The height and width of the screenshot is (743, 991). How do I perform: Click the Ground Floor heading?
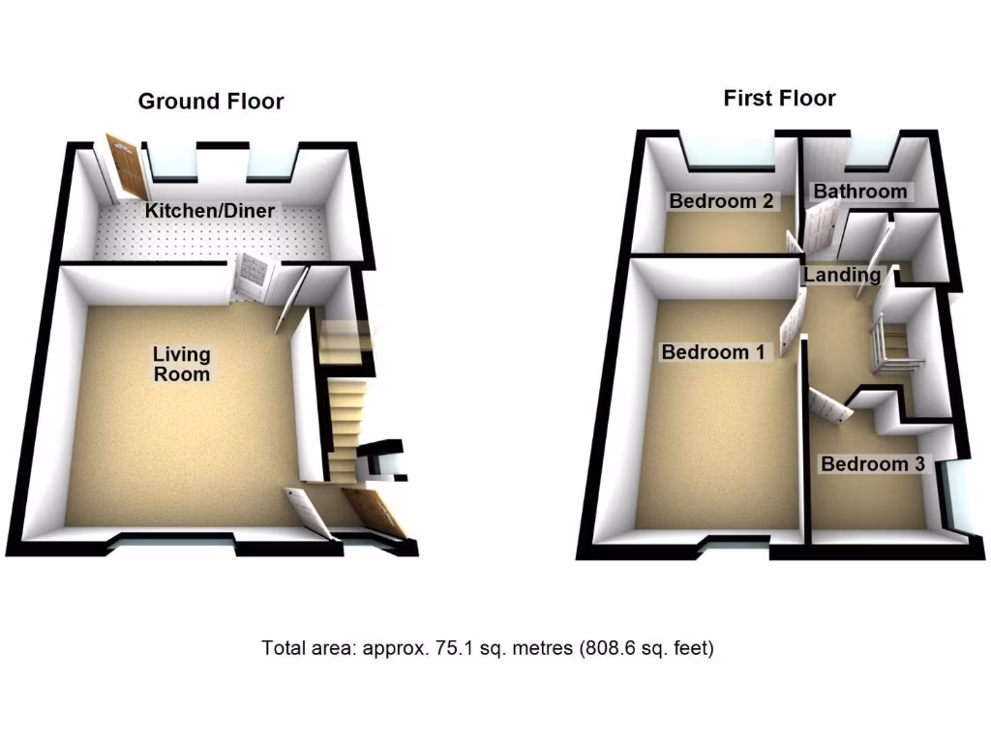point(211,102)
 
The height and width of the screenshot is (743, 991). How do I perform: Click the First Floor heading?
point(779,98)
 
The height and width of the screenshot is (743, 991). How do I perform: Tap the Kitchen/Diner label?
point(210,211)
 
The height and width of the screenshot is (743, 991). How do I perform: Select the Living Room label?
point(182,365)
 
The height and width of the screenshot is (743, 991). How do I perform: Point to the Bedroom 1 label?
point(713,352)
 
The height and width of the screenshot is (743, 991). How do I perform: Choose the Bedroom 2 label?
point(721,201)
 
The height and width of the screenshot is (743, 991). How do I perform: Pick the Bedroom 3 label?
point(872,464)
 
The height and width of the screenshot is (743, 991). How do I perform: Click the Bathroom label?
point(860,192)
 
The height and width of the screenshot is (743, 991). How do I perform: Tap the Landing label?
point(842,276)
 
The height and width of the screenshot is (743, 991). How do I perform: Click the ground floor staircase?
point(344,426)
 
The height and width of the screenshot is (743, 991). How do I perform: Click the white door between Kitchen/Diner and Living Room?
point(250,278)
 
